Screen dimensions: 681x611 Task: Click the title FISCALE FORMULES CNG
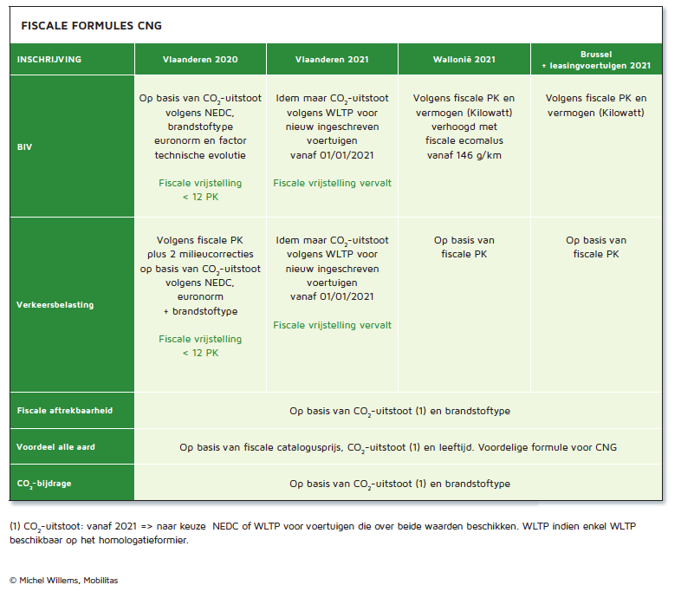[x=91, y=26]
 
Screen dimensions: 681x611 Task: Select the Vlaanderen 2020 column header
[x=200, y=60]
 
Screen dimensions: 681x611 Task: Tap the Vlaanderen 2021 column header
[x=332, y=60]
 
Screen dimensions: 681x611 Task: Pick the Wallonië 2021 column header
[x=464, y=60]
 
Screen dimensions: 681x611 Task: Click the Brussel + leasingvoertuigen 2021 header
[x=596, y=60]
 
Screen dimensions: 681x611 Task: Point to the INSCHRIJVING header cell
[x=49, y=60]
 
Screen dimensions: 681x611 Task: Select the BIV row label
[x=24, y=146]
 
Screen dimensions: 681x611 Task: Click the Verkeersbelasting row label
[x=55, y=304]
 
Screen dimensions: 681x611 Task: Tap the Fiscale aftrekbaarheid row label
[x=65, y=410]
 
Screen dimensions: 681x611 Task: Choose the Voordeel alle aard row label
[x=55, y=446]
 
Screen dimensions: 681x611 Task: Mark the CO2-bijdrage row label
[x=44, y=484]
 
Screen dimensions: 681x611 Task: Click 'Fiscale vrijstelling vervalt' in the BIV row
[x=332, y=183]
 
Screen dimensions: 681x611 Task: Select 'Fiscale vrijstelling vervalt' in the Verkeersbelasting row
[x=332, y=325]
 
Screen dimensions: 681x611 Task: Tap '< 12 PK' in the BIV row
[x=200, y=197]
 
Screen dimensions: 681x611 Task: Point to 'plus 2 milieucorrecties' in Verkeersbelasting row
[x=200, y=254]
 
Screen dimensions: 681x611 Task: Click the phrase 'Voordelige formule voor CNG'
[x=548, y=447]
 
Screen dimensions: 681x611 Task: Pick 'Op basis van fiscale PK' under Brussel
[x=596, y=247]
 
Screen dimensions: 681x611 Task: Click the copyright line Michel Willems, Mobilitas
[x=64, y=580]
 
